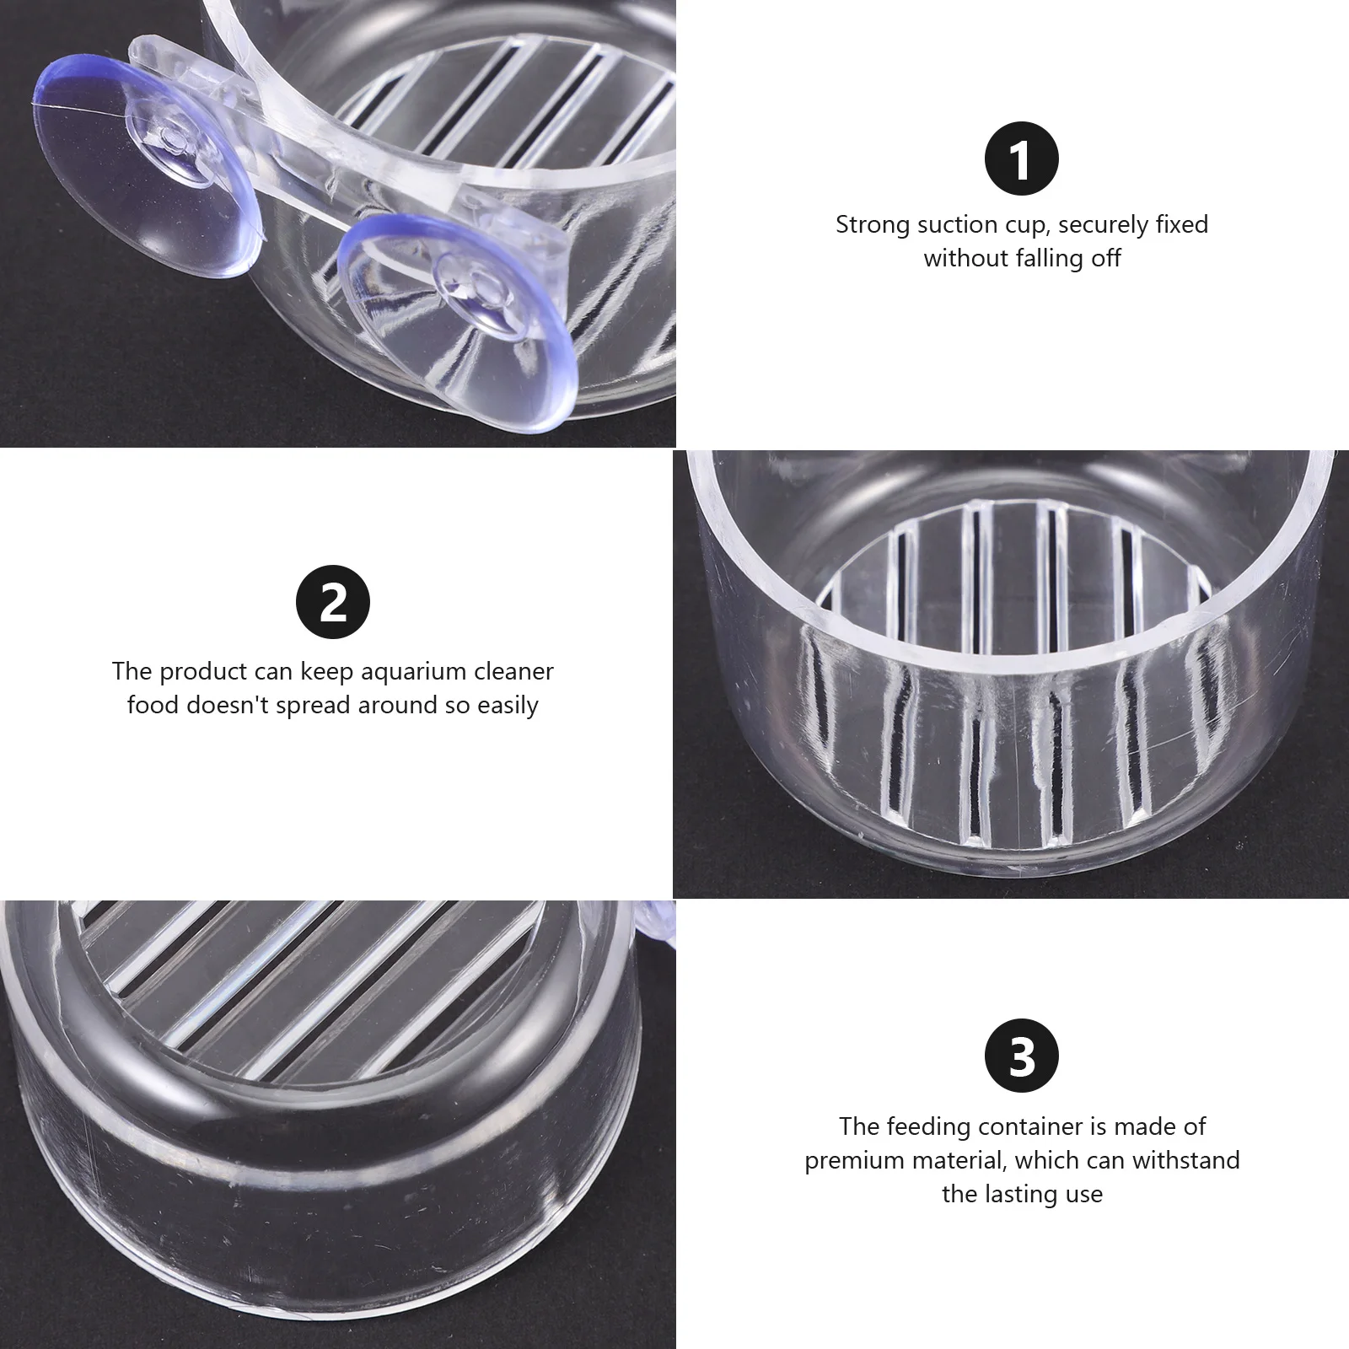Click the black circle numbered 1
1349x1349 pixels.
point(1021,159)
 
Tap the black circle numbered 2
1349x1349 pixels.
point(333,602)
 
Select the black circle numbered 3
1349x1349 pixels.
point(1021,1056)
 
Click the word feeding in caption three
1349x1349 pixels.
point(927,1127)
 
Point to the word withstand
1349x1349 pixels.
point(1186,1160)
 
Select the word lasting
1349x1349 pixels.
point(1016,1194)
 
